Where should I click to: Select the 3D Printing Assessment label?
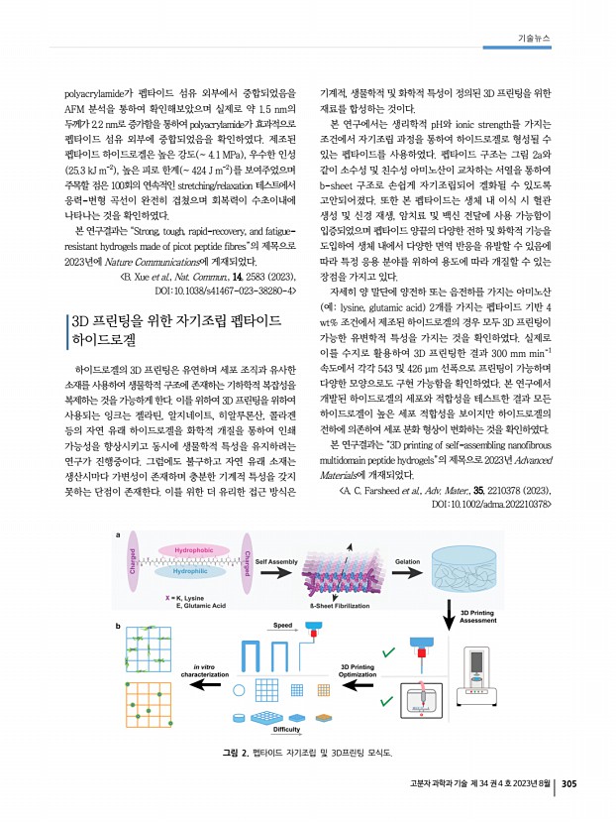coord(486,617)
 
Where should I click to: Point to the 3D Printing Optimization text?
coord(367,671)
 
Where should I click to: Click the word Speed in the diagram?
coord(283,626)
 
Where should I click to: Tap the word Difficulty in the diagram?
coord(286,729)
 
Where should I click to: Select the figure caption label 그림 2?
coord(237,755)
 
